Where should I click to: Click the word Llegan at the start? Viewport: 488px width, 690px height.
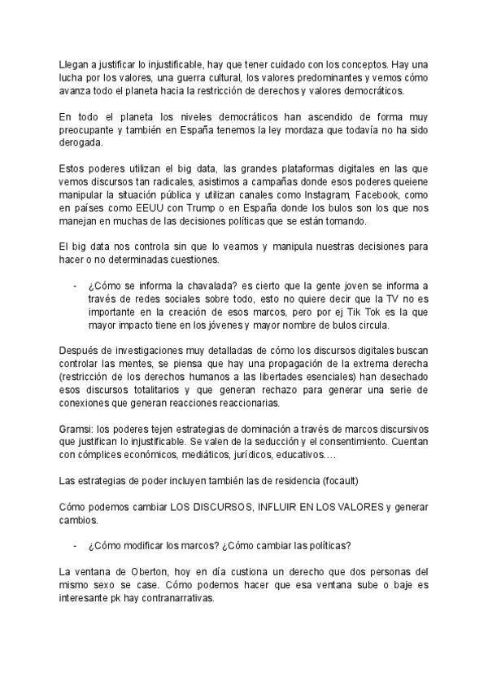tap(76, 63)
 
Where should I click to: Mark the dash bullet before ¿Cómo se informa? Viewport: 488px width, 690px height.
tap(76, 286)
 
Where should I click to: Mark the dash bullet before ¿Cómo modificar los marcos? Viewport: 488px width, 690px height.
tap(76, 546)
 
